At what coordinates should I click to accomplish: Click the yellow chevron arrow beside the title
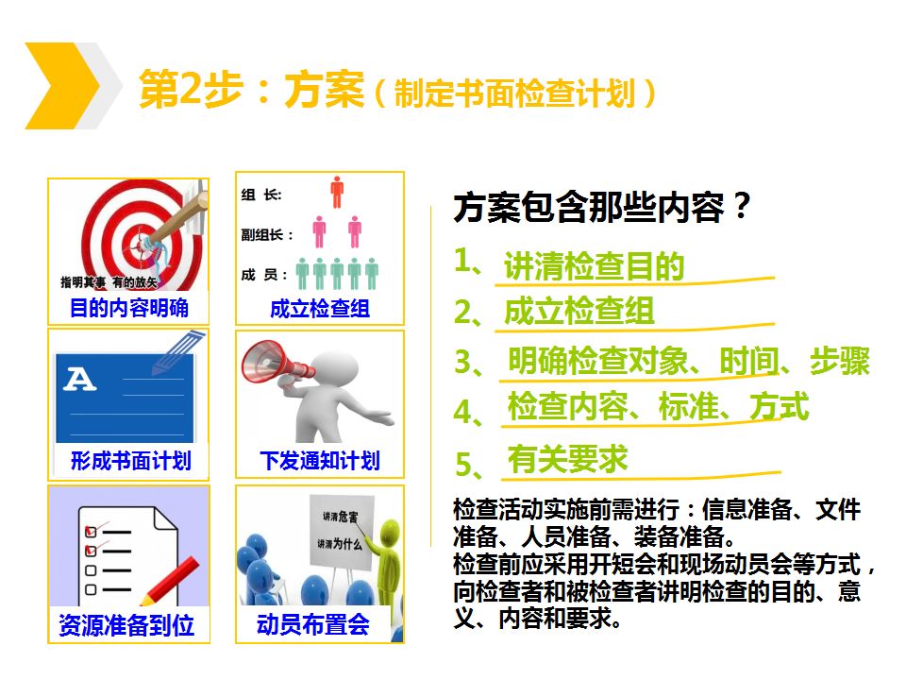(x=62, y=86)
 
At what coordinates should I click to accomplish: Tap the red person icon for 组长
(x=337, y=192)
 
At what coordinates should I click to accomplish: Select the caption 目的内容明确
(x=129, y=308)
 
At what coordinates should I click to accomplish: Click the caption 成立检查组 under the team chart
(x=320, y=309)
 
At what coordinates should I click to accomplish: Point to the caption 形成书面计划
(x=130, y=461)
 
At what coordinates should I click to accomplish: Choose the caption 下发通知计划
(x=320, y=461)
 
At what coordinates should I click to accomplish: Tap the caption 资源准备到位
(x=126, y=625)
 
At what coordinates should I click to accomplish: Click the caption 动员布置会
(x=312, y=624)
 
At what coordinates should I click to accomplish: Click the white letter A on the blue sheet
(x=79, y=380)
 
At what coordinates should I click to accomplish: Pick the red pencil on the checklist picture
(x=170, y=581)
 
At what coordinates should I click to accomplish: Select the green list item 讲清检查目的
(x=594, y=266)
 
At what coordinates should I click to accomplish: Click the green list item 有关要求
(x=567, y=460)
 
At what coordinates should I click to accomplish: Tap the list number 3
(x=464, y=362)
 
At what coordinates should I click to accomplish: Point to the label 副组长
(x=261, y=235)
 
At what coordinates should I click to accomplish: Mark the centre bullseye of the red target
(x=141, y=244)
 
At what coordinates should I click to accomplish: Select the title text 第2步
(x=191, y=89)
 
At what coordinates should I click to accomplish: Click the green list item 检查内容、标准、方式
(x=658, y=406)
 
